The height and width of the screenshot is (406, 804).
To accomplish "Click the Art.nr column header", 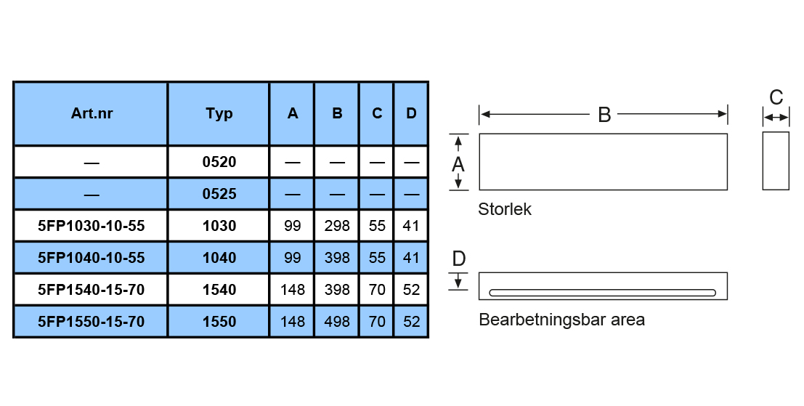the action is pyautogui.click(x=92, y=113).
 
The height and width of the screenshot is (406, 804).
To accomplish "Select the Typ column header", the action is pyautogui.click(x=219, y=114).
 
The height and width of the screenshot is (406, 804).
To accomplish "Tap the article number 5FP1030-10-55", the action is pyautogui.click(x=92, y=226).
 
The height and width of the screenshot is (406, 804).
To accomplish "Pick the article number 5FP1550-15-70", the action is pyautogui.click(x=92, y=322).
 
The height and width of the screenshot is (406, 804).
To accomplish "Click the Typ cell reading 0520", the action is pyautogui.click(x=219, y=162).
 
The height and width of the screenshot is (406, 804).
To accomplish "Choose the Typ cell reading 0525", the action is pyautogui.click(x=219, y=194).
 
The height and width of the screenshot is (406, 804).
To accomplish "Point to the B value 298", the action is pyautogui.click(x=337, y=226).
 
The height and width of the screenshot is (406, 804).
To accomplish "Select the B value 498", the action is pyautogui.click(x=337, y=322).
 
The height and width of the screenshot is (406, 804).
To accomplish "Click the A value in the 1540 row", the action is pyautogui.click(x=292, y=290).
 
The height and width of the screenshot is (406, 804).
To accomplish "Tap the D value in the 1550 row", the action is pyautogui.click(x=411, y=322).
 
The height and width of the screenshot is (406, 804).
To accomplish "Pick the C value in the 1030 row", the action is pyautogui.click(x=377, y=226).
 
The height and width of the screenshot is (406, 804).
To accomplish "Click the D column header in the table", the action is pyautogui.click(x=411, y=113).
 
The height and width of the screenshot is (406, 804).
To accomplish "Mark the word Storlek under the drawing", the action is pyautogui.click(x=505, y=209).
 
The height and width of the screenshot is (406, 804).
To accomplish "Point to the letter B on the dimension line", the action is pyautogui.click(x=604, y=115).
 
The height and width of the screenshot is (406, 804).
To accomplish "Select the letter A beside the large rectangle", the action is pyautogui.click(x=458, y=165).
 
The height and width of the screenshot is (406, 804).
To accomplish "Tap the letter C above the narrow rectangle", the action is pyautogui.click(x=776, y=97).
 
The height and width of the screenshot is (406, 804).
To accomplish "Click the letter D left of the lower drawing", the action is pyautogui.click(x=459, y=259).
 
